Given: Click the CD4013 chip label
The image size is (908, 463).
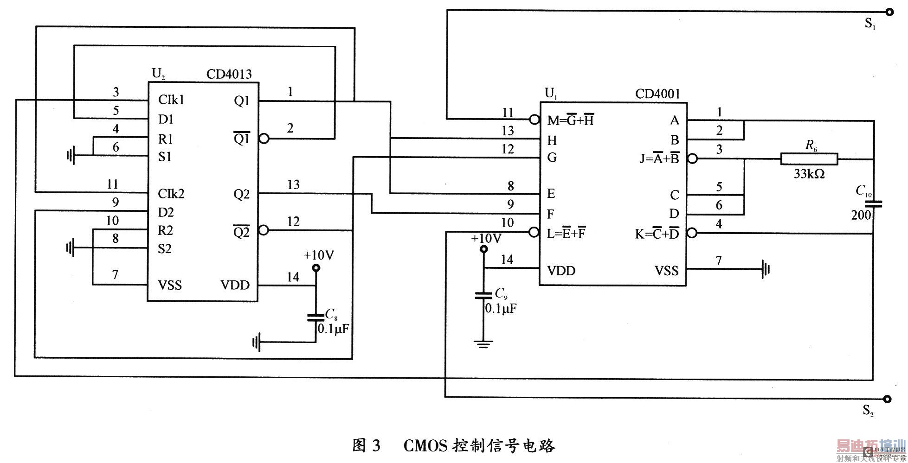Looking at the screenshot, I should click(229, 74).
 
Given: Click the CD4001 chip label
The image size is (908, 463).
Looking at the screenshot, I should click(657, 94).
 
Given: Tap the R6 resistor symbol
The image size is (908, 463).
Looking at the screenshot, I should click(809, 159).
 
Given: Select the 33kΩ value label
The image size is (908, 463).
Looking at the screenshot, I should click(809, 174).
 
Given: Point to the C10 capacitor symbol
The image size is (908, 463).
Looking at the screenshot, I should click(873, 203).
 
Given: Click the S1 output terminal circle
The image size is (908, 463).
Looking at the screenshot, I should click(889, 13).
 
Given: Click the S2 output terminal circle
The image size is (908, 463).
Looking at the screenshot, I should click(888, 399).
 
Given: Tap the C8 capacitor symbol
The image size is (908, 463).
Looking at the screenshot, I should click(316, 318).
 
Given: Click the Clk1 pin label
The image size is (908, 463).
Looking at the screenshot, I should click(171, 100).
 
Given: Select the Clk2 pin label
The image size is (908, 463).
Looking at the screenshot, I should click(171, 193).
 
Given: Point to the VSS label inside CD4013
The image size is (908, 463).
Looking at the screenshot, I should click(170, 285).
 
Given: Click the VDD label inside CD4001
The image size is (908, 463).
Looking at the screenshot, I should click(561, 271).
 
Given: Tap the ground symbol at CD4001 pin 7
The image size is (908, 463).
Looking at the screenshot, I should click(766, 268).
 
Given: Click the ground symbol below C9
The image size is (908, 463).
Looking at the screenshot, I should click(483, 344).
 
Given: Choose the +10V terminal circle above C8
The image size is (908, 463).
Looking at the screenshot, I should click(316, 268).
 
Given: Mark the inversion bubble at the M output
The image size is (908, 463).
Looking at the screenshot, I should click(534, 120).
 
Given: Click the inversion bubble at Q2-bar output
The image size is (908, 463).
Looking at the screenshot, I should click(264, 230).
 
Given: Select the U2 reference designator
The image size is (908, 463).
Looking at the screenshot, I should click(158, 73).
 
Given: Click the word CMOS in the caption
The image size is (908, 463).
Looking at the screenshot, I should click(425, 446).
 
